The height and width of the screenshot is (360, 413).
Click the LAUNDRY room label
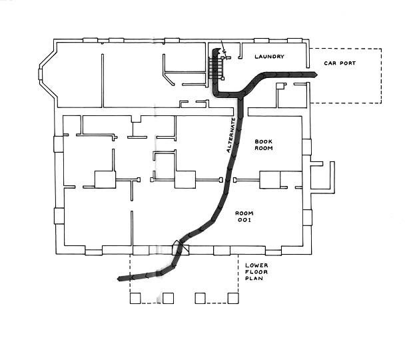pyautogui.click(x=269, y=57)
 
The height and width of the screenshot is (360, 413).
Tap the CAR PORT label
pyautogui.click(x=340, y=63)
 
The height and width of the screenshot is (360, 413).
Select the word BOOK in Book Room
pyautogui.click(x=264, y=141)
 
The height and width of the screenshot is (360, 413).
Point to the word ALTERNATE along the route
pyautogui.click(x=231, y=135)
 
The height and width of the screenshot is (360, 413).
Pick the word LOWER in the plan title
pyautogui.click(x=256, y=265)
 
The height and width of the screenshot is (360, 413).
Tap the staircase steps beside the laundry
pyautogui.click(x=214, y=68)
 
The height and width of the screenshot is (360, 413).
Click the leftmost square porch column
pyautogui.click(x=135, y=298)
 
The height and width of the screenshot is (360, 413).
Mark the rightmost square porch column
pyautogui.click(x=232, y=298)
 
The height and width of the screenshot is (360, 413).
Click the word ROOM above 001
pyautogui.click(x=244, y=211)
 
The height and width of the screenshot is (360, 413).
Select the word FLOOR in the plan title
pyautogui.click(x=256, y=273)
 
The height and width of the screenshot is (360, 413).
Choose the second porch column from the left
pyautogui.click(x=168, y=298)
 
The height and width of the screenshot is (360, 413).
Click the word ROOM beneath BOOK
pyautogui.click(x=264, y=149)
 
